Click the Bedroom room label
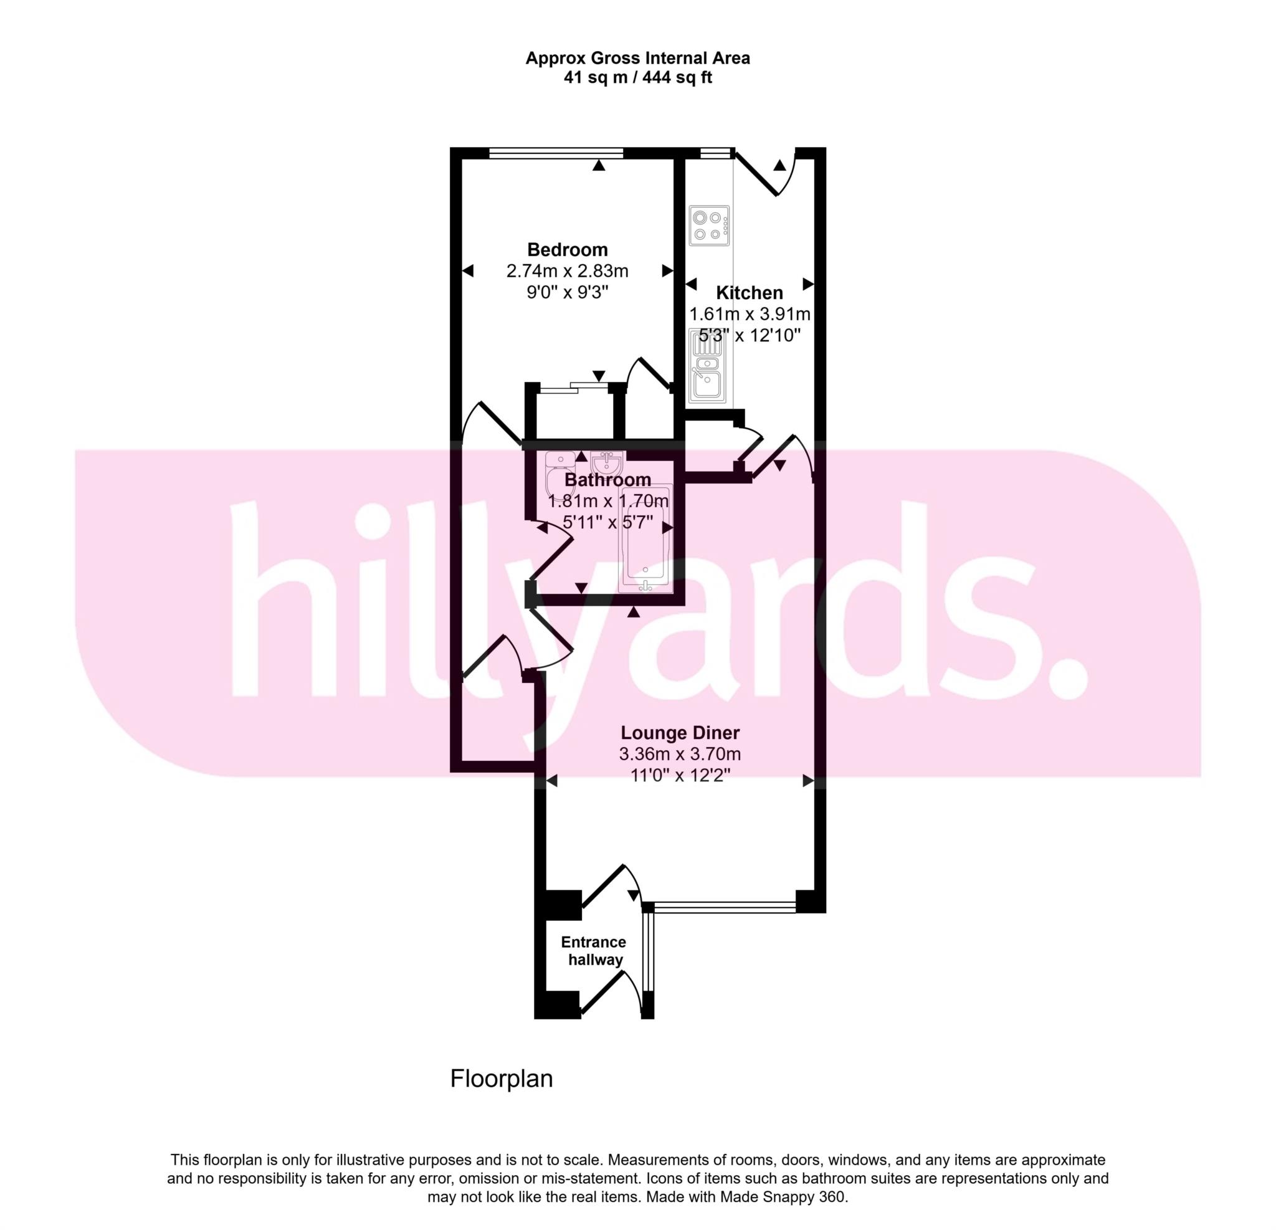pyautogui.click(x=567, y=249)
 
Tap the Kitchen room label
pyautogui.click(x=750, y=292)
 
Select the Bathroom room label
pyautogui.click(x=607, y=480)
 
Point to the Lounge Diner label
pyautogui.click(x=680, y=733)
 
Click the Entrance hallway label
pyautogui.click(x=594, y=951)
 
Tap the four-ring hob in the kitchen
pyautogui.click(x=709, y=226)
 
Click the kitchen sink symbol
pyautogui.click(x=708, y=374)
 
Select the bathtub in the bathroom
pyautogui.click(x=645, y=539)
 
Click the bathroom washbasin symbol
pyautogui.click(x=607, y=463)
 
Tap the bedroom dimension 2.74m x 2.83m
pyautogui.click(x=567, y=271)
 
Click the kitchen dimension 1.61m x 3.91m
pyautogui.click(x=750, y=315)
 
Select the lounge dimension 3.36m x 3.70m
pyautogui.click(x=680, y=754)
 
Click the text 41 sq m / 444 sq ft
pyautogui.click(x=637, y=78)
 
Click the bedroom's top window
pyautogui.click(x=556, y=153)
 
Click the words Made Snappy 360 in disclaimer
pyautogui.click(x=782, y=1197)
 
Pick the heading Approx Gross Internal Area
pyautogui.click(x=637, y=59)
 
